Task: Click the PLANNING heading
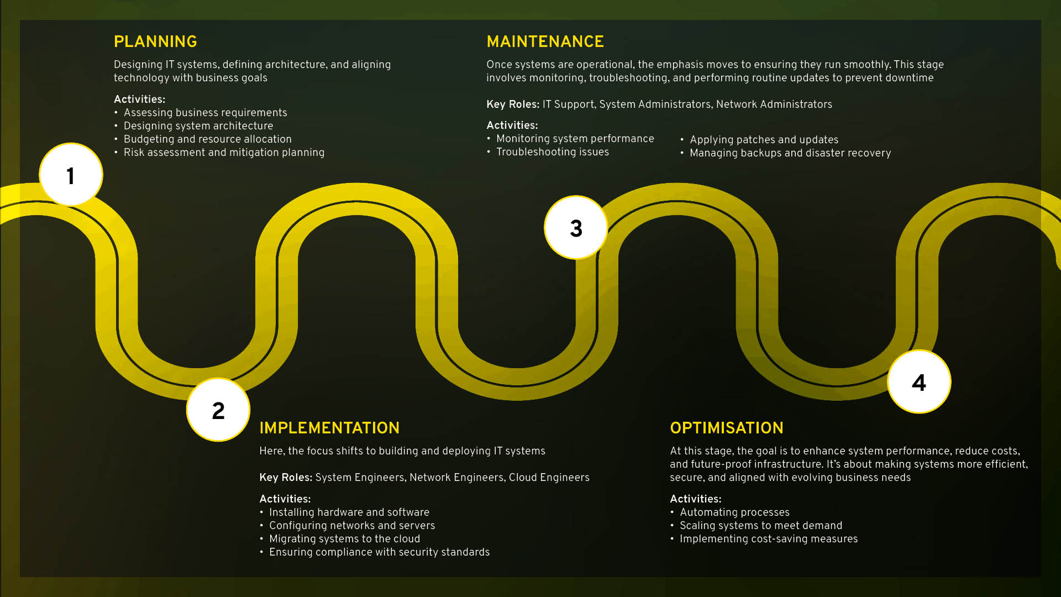pos(155,41)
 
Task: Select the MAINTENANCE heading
pos(545,41)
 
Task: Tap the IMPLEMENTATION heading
pos(329,428)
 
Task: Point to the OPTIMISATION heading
pos(727,428)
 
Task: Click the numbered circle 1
pos(71,175)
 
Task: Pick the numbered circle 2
pos(218,410)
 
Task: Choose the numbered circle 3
pos(576,228)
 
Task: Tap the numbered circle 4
pos(919,382)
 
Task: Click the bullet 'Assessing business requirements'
pos(205,113)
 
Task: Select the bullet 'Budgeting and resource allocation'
pos(207,139)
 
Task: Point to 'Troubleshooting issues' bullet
pos(552,152)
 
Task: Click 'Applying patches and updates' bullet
pos(764,140)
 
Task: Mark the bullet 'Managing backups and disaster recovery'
pos(790,153)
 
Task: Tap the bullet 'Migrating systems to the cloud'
pos(344,539)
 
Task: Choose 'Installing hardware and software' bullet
pos(349,512)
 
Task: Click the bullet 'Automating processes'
pos(734,512)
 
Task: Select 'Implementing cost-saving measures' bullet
pos(768,539)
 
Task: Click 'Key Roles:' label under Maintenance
pos(513,104)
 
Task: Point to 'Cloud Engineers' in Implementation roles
pos(549,478)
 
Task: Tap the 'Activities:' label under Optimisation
pos(695,499)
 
